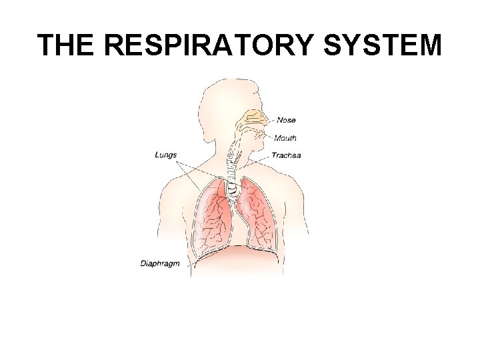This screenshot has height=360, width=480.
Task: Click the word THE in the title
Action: pyautogui.click(x=67, y=45)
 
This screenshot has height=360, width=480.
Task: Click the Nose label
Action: pyautogui.click(x=286, y=121)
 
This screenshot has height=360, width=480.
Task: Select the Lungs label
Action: pyautogui.click(x=166, y=155)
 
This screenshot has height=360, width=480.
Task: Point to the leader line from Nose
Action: pyautogui.click(x=270, y=121)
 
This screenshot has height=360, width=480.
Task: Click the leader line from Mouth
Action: pyautogui.click(x=269, y=138)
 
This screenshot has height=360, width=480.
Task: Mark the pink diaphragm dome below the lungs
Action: pyautogui.click(x=233, y=253)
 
